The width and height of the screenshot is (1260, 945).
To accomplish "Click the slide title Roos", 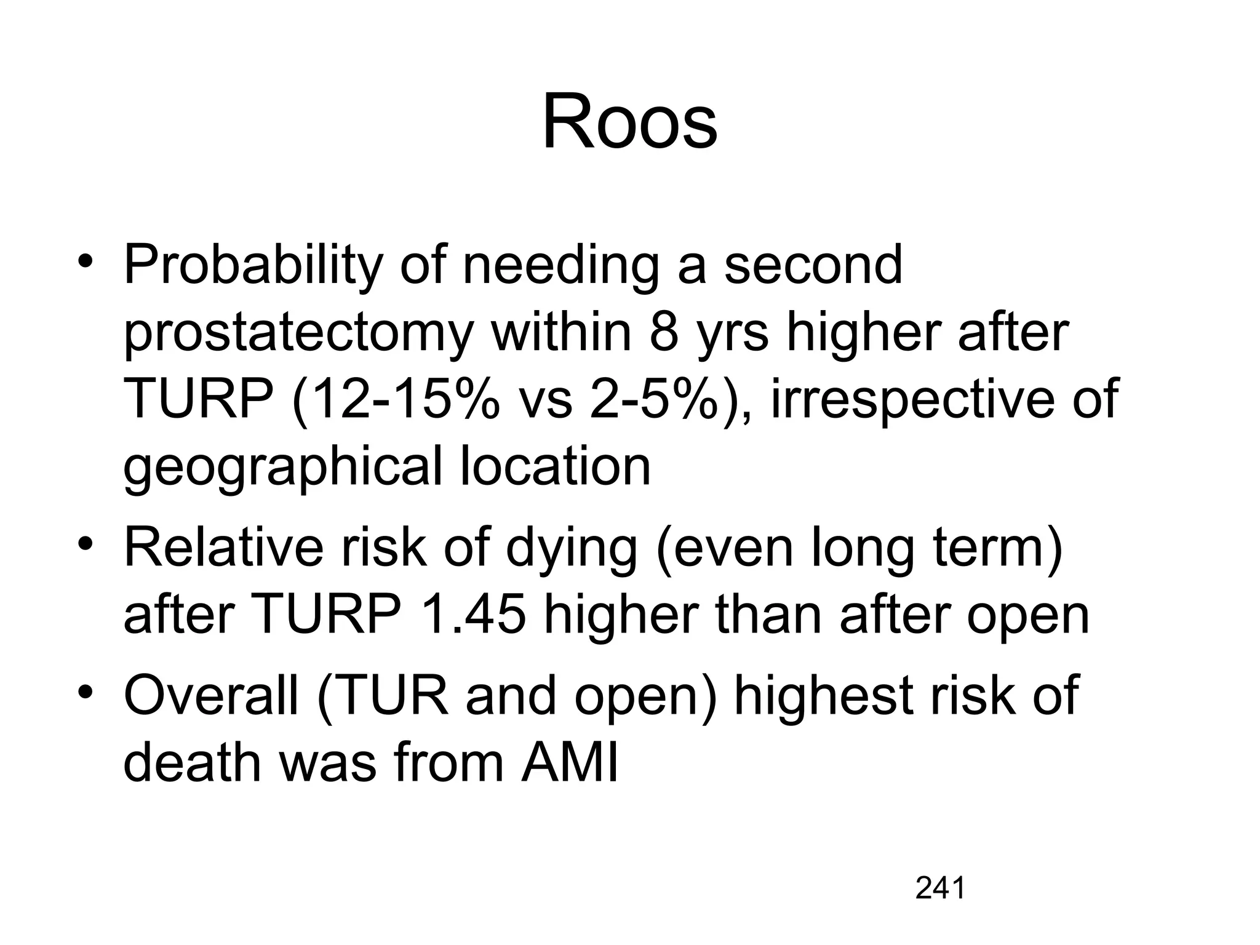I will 629,121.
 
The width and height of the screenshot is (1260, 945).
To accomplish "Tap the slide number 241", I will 940,888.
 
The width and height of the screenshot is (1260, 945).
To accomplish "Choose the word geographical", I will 282,468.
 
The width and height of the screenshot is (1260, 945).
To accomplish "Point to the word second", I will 813,266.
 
